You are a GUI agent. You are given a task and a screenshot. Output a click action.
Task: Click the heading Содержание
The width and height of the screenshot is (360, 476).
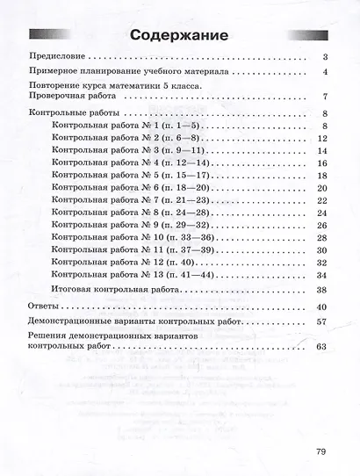[x=179, y=37]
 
